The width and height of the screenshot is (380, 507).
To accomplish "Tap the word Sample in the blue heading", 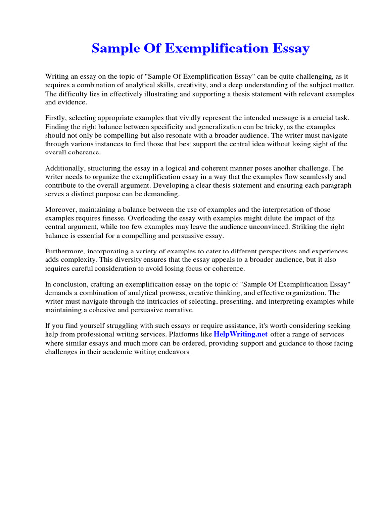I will [116, 49].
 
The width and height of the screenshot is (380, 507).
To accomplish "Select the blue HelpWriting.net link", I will [240, 334].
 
